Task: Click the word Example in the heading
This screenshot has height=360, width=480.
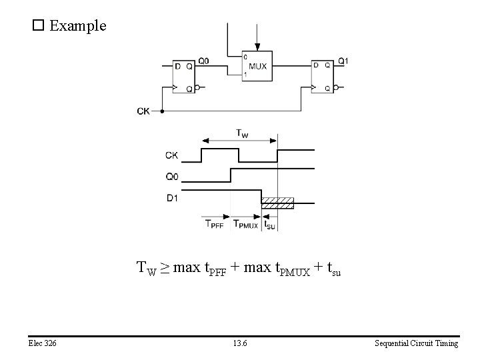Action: click(77, 26)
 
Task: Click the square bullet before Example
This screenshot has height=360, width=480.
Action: click(38, 26)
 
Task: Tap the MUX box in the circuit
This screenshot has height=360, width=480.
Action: click(257, 66)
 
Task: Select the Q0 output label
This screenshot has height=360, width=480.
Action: click(203, 61)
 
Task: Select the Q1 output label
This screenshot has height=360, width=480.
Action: click(343, 61)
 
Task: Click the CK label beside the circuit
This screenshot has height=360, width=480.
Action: click(143, 111)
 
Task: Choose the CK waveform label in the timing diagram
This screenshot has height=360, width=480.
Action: click(172, 155)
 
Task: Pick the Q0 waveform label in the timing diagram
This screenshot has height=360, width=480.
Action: click(172, 177)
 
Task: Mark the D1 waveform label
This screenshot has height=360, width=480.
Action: click(172, 197)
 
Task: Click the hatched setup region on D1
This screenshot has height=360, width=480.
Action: click(277, 203)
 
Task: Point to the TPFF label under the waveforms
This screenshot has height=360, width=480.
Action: click(215, 225)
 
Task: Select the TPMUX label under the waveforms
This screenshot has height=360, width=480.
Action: click(245, 225)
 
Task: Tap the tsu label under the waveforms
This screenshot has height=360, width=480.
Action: click(269, 225)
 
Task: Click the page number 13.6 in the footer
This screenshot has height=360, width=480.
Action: click(240, 343)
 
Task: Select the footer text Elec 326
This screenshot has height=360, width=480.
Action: click(43, 343)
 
